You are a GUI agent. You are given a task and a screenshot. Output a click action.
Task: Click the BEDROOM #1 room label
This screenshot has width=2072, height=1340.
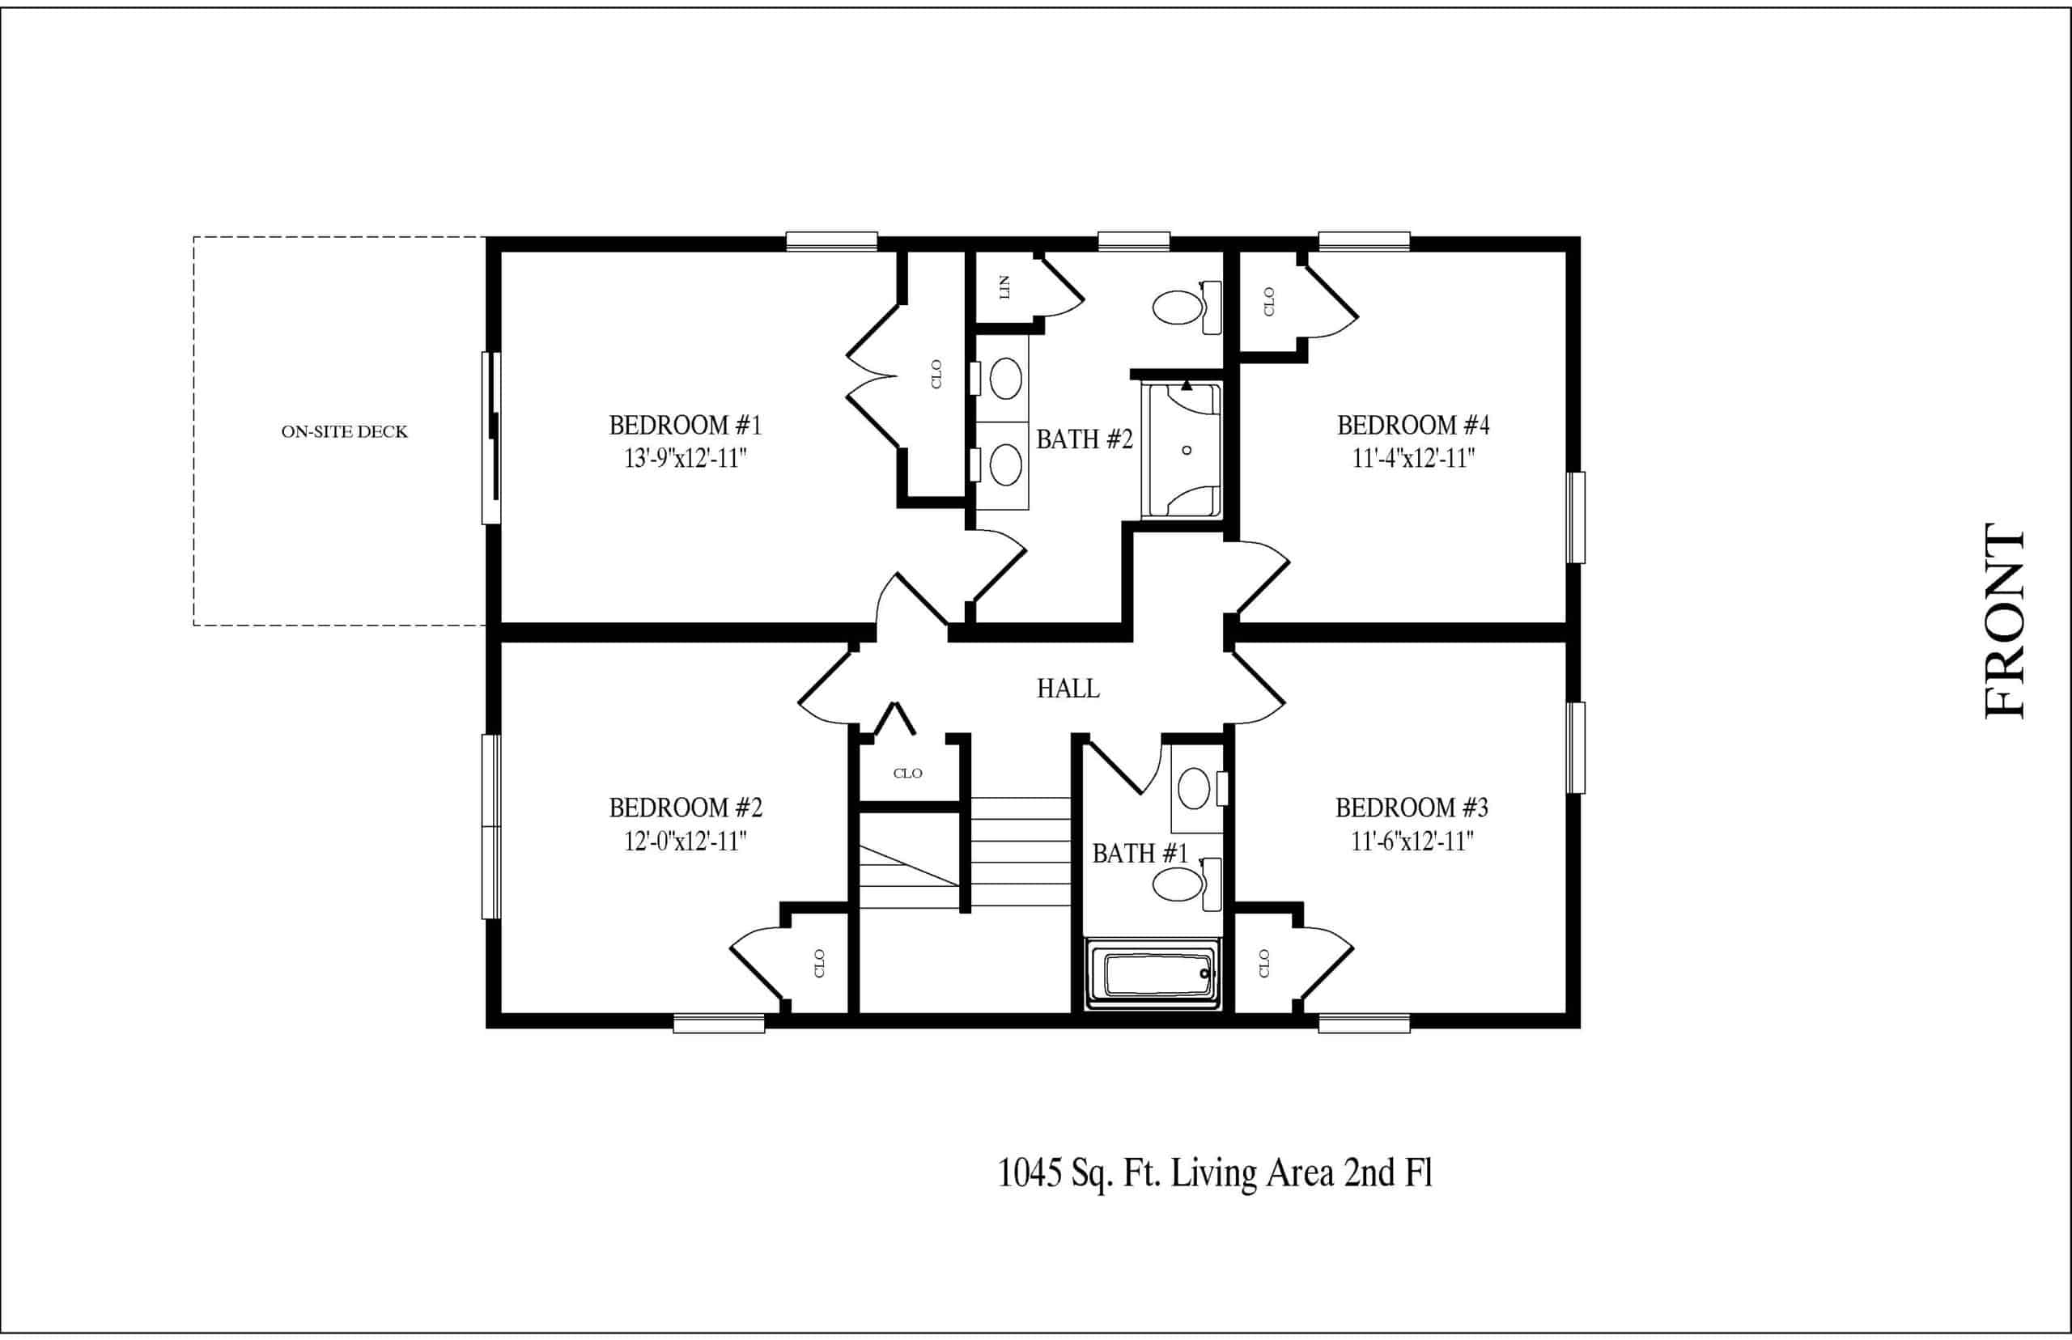click(685, 426)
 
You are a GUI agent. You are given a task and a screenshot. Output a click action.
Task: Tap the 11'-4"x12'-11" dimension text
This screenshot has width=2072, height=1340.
click(1413, 459)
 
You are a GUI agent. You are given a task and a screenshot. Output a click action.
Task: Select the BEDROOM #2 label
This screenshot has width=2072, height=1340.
click(686, 808)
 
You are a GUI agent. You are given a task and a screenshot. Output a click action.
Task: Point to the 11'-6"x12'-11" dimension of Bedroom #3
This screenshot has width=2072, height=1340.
click(1412, 842)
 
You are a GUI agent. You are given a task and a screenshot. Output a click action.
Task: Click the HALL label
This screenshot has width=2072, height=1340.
click(1068, 689)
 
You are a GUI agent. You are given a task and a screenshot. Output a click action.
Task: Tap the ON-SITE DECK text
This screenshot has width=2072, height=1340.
click(344, 431)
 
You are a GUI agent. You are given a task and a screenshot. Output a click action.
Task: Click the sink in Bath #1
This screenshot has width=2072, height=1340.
click(1194, 788)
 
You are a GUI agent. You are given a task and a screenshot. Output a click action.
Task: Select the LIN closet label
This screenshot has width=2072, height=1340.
click(1005, 287)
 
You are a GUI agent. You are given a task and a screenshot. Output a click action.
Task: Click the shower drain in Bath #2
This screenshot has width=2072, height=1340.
click(1187, 451)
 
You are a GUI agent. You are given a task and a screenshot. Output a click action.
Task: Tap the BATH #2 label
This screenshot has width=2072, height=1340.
click(1085, 439)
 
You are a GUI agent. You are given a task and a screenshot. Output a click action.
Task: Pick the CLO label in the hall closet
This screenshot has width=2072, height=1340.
click(907, 773)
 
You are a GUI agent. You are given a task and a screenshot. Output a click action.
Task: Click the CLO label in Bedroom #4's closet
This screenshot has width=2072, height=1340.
click(1269, 302)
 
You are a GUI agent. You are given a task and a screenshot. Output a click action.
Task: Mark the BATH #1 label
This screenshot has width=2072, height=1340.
click(1140, 854)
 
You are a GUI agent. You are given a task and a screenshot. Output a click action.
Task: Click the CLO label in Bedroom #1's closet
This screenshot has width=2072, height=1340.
click(936, 374)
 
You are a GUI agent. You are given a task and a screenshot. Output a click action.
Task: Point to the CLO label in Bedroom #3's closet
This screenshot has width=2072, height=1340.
click(1264, 963)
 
